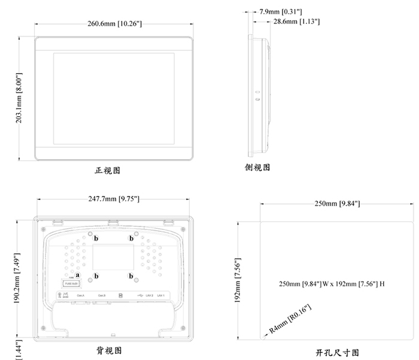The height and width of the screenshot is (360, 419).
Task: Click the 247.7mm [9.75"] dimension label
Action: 114,199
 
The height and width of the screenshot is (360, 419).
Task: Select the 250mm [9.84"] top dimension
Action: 337,204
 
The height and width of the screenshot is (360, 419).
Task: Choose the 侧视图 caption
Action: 258,168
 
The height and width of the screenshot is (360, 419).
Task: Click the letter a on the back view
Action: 78,276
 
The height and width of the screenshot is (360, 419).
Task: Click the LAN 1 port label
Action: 161,296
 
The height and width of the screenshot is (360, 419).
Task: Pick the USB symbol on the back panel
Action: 139,295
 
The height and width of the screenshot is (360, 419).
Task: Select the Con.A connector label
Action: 79,296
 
